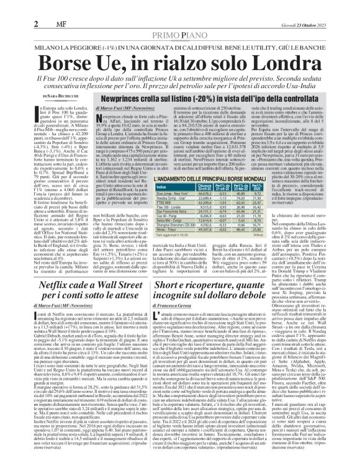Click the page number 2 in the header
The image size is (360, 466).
(x=10, y=7)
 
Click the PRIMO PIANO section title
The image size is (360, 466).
(x=179, y=19)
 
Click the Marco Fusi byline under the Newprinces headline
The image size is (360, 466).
(x=130, y=109)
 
